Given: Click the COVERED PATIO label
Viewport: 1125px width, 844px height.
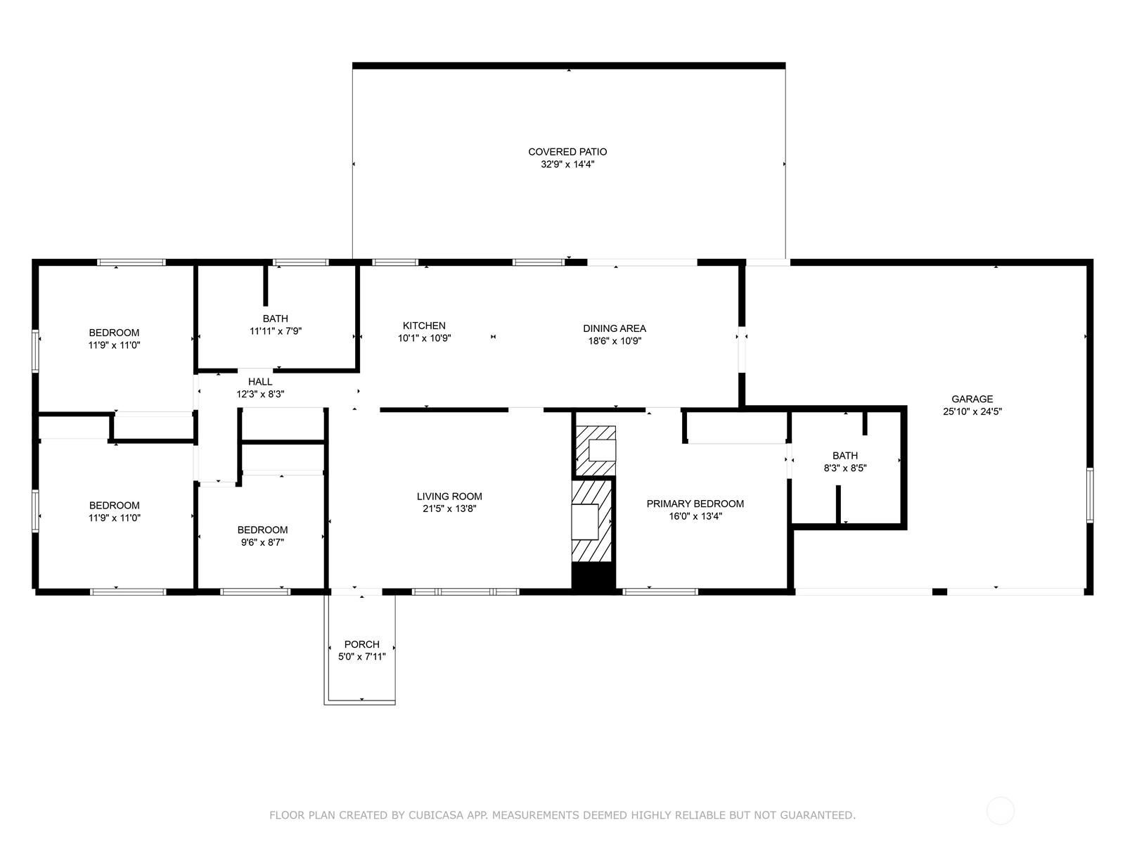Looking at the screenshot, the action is point(567,152).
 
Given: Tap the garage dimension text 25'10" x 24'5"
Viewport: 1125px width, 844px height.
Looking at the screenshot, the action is point(972,411).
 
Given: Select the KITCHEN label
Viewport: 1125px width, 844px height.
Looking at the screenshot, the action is point(424,326).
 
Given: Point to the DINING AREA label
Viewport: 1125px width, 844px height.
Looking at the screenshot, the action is point(615,328).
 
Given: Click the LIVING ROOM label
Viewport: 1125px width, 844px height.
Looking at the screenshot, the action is point(449,496).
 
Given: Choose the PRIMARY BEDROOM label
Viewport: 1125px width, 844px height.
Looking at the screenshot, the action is point(695,504).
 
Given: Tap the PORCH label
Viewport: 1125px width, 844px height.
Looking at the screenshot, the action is point(362,644).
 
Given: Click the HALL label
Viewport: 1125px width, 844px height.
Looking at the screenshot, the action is point(260,382).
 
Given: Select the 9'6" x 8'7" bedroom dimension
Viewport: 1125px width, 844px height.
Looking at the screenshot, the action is point(262,542).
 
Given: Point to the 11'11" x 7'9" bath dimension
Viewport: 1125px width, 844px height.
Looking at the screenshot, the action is point(276,331).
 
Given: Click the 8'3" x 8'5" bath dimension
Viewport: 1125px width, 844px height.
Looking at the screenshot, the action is point(845,468).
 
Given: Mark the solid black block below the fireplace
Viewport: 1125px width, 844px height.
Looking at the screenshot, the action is point(593,577).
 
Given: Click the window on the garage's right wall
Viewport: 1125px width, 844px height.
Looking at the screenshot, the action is point(1090,495).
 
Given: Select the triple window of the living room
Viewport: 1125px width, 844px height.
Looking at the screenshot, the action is point(466,592).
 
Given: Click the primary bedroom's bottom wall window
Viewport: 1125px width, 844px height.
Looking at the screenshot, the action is point(660,592).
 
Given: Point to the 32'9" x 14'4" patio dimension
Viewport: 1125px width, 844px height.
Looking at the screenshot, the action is point(567,165).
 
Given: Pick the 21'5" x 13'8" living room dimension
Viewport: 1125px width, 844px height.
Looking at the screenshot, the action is point(449,509).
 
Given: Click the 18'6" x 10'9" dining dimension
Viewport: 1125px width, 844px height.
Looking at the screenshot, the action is point(615,341).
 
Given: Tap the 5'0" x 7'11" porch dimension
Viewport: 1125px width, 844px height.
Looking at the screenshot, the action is point(362,657).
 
